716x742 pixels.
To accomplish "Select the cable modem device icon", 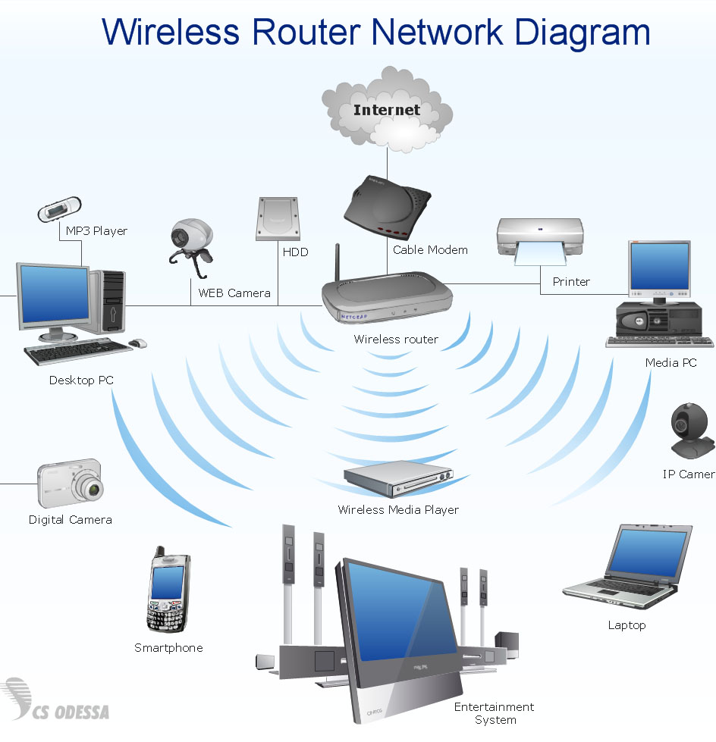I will point(388,205).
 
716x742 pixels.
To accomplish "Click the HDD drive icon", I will point(278,218).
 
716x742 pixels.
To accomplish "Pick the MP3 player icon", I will point(59,209).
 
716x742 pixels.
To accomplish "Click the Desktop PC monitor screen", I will point(55,295).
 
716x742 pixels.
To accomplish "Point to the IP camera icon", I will point(692,430).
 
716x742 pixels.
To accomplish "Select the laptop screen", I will point(649,550).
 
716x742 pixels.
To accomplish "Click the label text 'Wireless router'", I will point(396,340).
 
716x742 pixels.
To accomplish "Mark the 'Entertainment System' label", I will point(495,713).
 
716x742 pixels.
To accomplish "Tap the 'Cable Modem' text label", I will point(430,249).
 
